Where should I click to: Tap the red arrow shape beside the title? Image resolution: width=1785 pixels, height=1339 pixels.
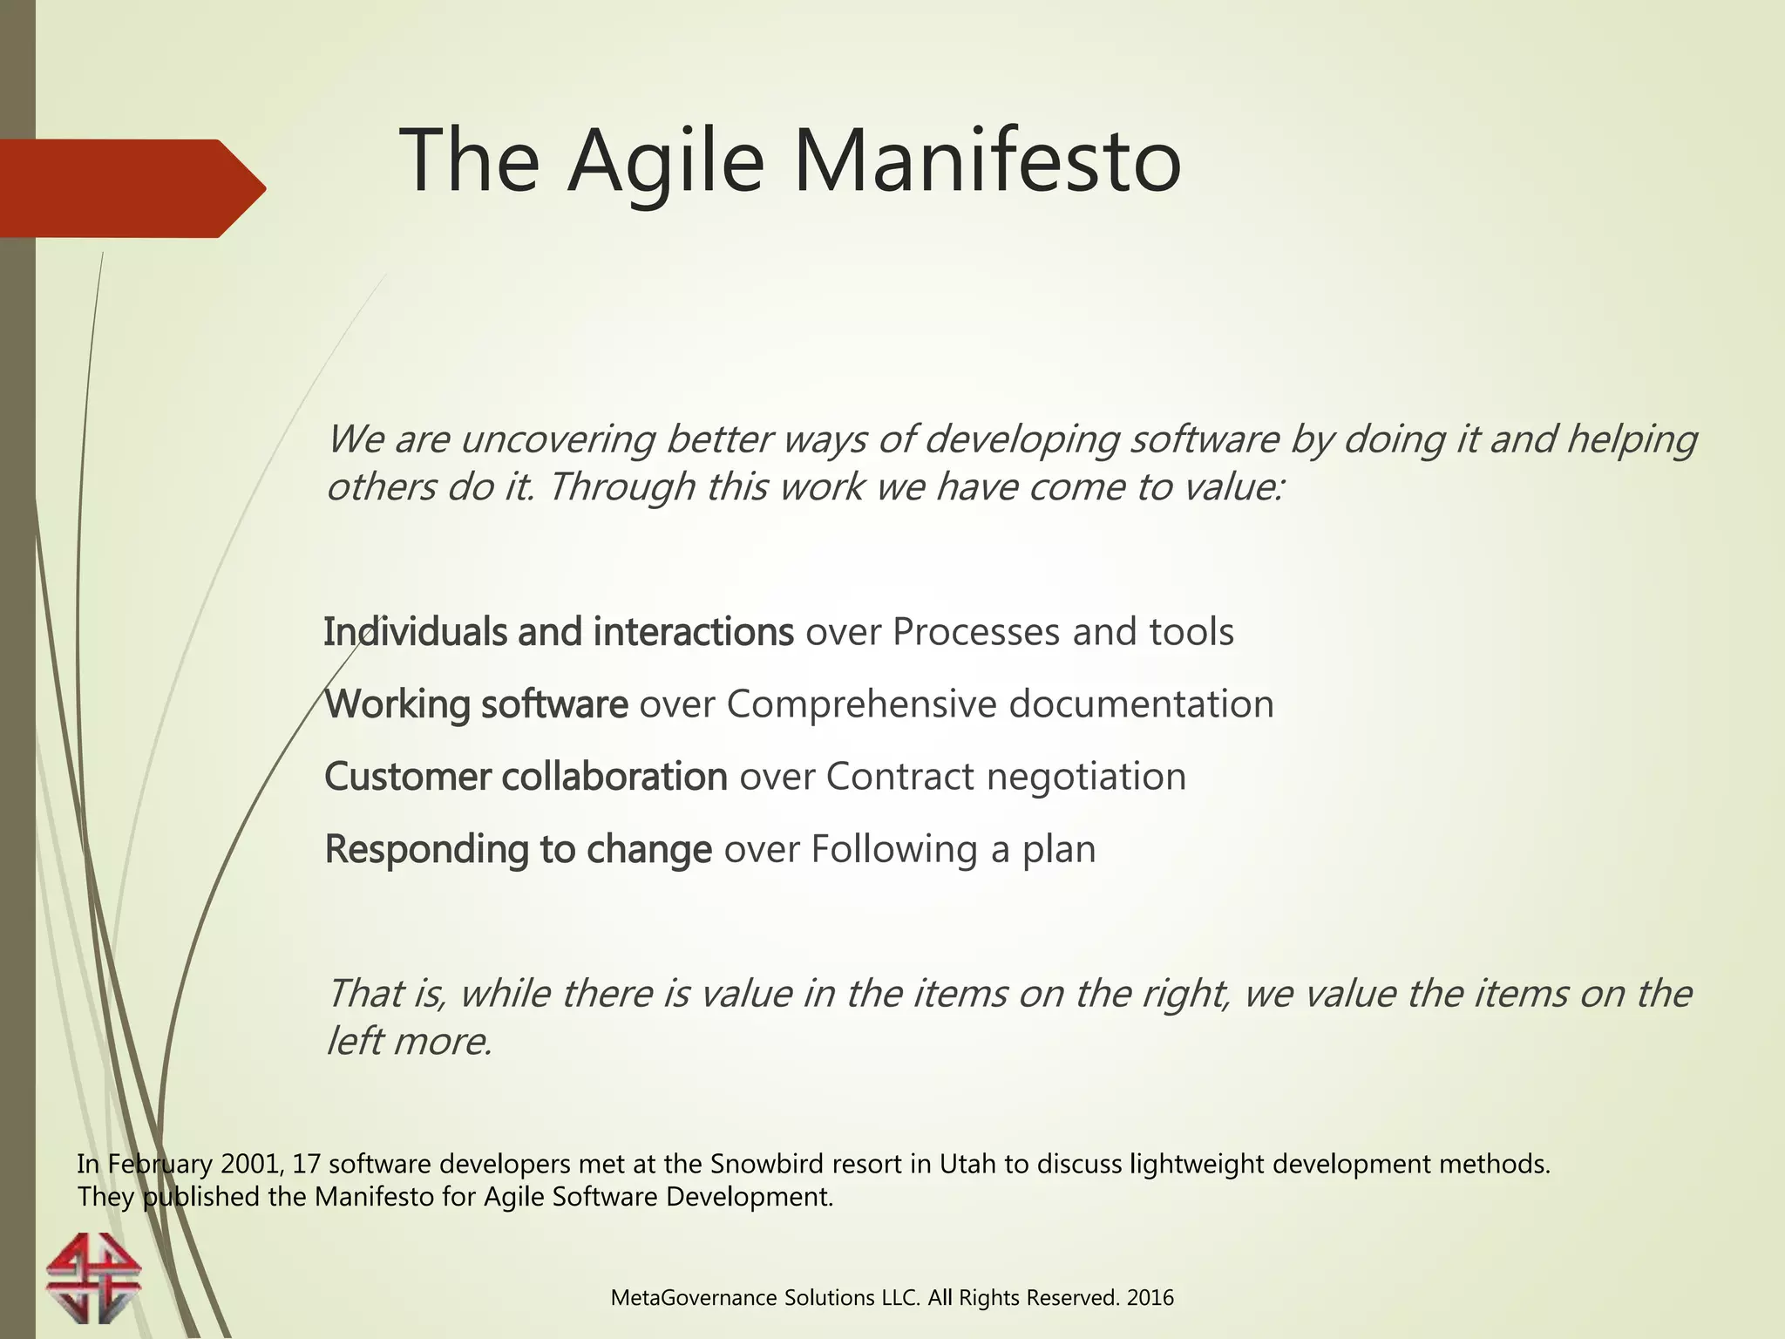pyautogui.click(x=131, y=188)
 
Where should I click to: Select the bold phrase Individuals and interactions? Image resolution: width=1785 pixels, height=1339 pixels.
pyautogui.click(x=558, y=632)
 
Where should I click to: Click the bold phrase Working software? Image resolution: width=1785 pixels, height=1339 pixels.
pyautogui.click(x=476, y=704)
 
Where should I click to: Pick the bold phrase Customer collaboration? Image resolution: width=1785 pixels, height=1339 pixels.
pyautogui.click(x=526, y=777)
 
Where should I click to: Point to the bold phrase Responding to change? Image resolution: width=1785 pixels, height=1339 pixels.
pyautogui.click(x=518, y=849)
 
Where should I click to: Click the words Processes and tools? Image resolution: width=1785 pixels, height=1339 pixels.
pyautogui.click(x=1062, y=632)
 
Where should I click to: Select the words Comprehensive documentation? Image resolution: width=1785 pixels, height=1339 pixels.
pyautogui.click(x=1000, y=704)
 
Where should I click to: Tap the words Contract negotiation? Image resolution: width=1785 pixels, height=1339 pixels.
pyautogui.click(x=1006, y=777)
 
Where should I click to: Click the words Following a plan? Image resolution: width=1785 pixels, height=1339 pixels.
pyautogui.click(x=953, y=849)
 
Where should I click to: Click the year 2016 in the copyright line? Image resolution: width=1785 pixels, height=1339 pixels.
pyautogui.click(x=1150, y=1298)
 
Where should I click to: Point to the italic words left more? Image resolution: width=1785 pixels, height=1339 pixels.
pyautogui.click(x=409, y=1042)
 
